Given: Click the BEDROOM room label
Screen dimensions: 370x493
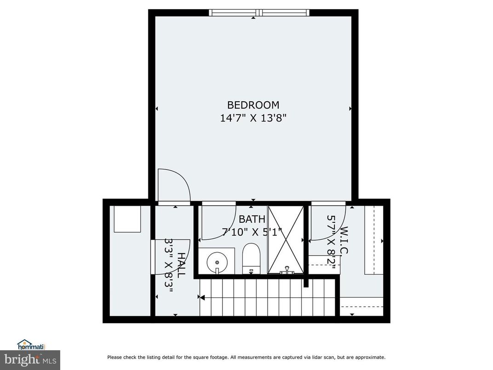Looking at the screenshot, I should (253, 105).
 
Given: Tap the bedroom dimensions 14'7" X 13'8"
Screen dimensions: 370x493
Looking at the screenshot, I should (253, 118).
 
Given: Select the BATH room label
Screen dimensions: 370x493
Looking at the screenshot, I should (252, 219).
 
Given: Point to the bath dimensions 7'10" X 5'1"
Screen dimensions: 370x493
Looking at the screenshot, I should (252, 231).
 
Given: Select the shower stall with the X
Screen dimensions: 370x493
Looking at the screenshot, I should (286, 240).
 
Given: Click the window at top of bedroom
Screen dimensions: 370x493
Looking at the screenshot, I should (259, 13).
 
